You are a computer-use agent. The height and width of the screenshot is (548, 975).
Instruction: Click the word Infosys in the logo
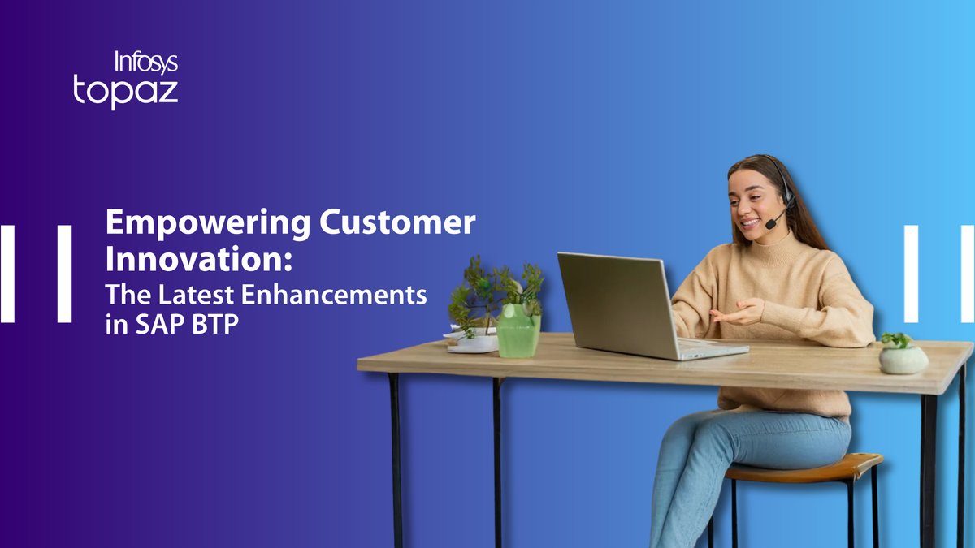point(145,63)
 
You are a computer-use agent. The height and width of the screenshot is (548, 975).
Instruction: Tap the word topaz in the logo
point(125,91)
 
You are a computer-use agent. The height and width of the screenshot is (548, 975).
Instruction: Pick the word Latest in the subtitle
point(186,295)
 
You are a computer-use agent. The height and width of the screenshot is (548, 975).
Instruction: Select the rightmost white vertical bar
point(966,274)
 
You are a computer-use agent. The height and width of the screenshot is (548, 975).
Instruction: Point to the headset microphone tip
point(768,225)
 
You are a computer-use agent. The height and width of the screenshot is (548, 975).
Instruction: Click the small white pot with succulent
point(903,358)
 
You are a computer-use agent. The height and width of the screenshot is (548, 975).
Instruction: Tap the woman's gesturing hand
point(735,313)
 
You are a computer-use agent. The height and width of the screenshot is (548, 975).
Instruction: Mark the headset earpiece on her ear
point(786,196)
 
